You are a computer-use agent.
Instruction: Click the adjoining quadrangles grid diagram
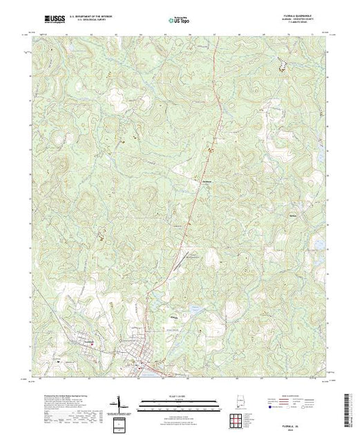coord(238,416)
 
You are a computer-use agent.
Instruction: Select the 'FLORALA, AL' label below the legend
coord(301,422)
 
